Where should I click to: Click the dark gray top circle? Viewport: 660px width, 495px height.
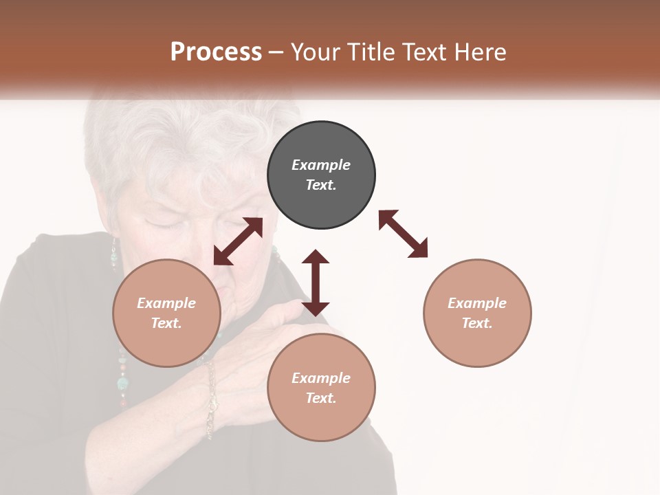point(321,175)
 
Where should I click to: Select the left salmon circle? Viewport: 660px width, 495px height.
point(166,313)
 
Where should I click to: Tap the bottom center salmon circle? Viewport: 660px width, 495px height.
point(321,388)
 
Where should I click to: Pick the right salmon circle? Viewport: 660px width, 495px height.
point(477,313)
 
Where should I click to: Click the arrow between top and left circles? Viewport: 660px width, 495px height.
point(238,241)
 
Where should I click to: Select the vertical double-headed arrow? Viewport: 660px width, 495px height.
point(316,283)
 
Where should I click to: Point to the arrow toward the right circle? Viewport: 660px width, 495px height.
point(403,234)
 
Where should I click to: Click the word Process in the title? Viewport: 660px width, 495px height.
point(216,52)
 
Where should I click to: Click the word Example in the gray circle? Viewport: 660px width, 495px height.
point(321,165)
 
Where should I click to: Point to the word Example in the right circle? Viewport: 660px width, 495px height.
point(477,303)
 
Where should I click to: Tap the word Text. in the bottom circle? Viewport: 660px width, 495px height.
point(321,398)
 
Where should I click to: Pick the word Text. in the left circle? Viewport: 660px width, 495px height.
point(166,323)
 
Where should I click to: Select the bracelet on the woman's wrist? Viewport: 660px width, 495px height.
point(210,399)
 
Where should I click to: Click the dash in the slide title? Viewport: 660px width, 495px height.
point(276,52)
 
